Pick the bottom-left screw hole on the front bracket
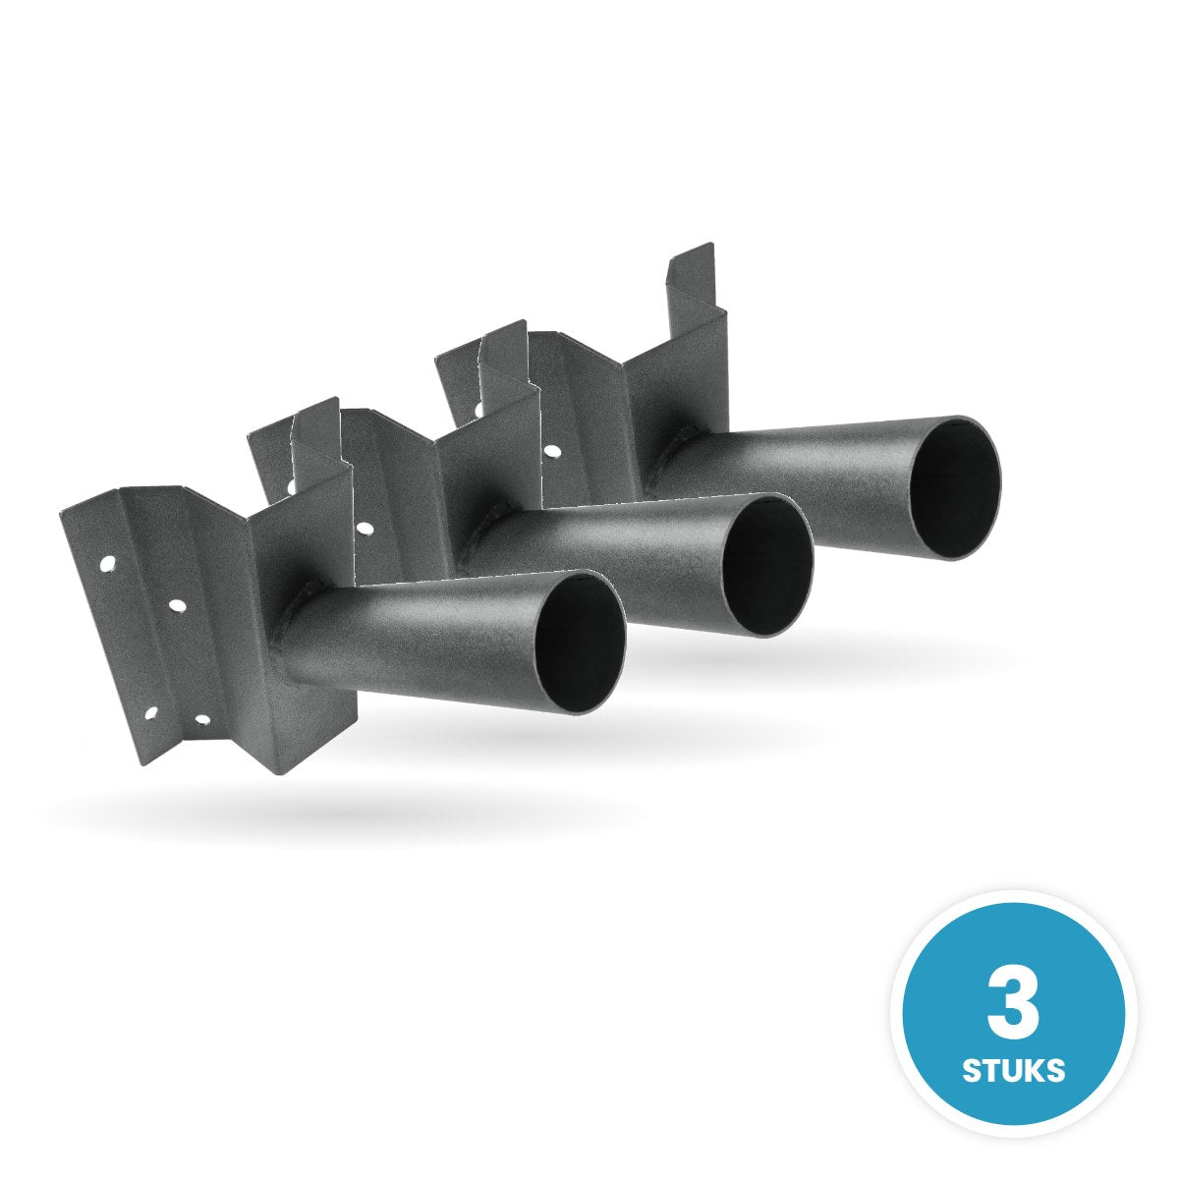(149, 711)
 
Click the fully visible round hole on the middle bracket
(365, 527)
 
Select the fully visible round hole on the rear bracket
(554, 452)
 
